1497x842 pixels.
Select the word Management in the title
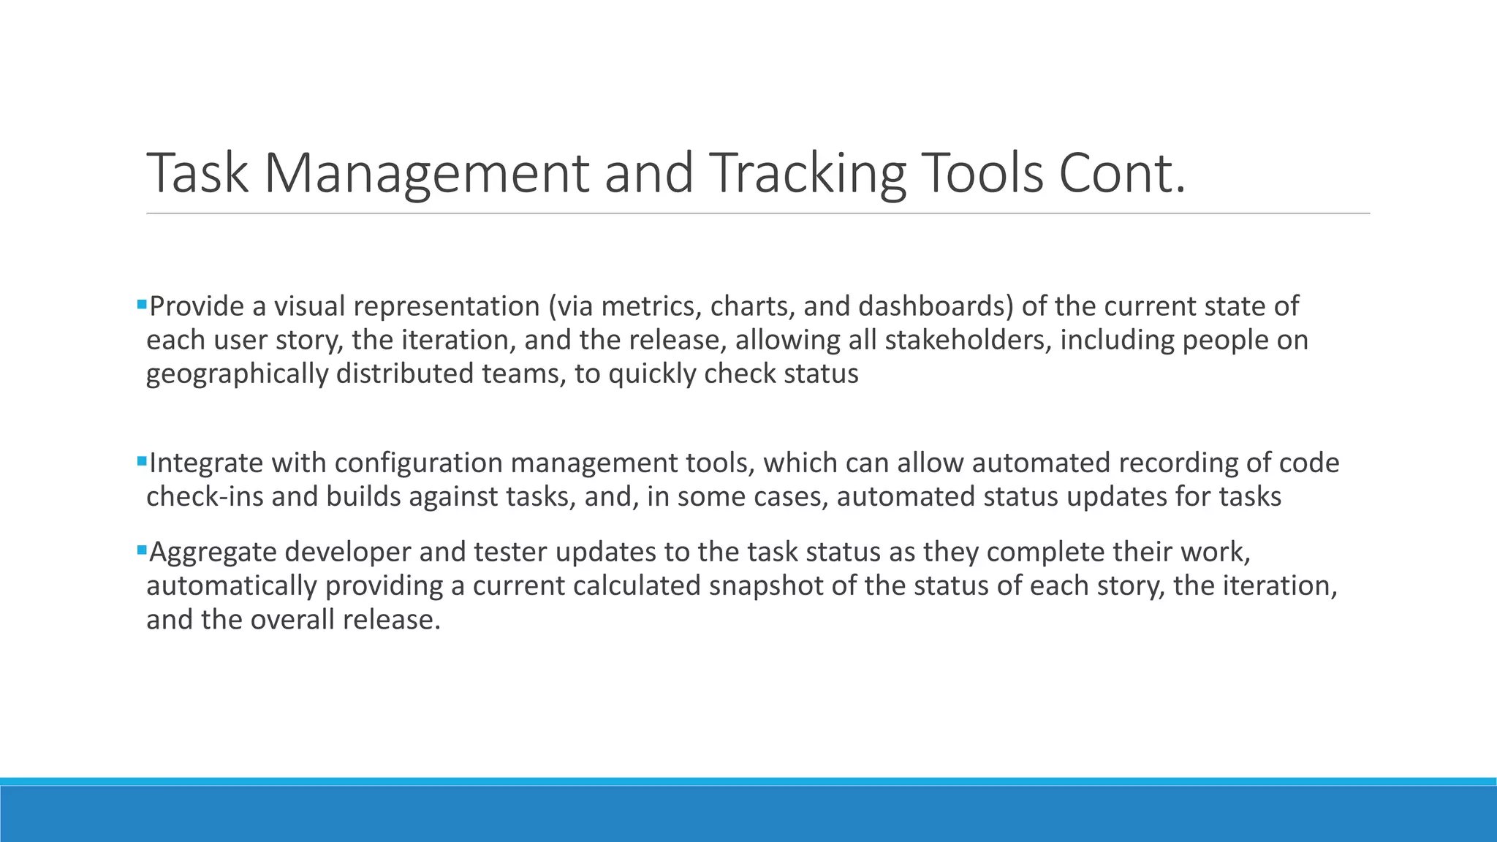point(425,173)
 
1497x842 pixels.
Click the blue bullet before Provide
point(142,303)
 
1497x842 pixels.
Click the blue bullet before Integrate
point(142,460)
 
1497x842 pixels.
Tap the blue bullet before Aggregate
point(142,549)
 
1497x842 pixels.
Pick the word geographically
point(237,374)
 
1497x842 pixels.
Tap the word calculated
point(637,586)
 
